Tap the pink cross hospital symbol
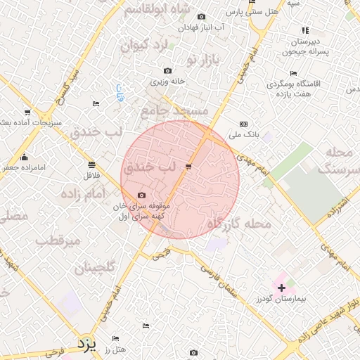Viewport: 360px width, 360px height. coord(282,288)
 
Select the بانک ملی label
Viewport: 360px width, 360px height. coord(247,134)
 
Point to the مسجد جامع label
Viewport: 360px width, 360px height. coord(174,111)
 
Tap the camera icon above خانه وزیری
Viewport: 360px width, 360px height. coord(167,70)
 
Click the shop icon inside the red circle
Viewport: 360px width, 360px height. coord(188,166)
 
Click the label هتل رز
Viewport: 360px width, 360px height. coord(113,349)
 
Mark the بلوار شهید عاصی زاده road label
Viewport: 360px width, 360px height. coord(324,321)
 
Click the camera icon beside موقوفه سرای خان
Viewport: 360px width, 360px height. coord(141,195)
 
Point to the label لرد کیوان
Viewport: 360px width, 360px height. coord(146,46)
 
